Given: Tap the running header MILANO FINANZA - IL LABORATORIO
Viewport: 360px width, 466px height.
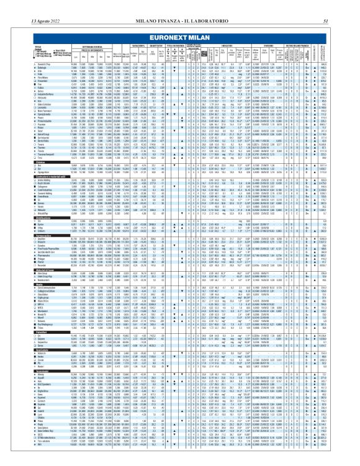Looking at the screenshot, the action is pyautogui.click(x=180, y=6).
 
